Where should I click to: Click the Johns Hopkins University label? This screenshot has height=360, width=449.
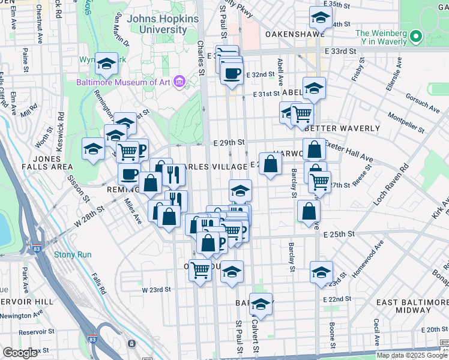154,24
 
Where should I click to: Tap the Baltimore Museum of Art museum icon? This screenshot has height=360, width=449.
178,81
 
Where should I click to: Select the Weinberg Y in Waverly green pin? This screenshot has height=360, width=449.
415,38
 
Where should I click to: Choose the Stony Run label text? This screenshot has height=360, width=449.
73,254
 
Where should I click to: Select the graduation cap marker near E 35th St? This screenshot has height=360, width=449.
321,17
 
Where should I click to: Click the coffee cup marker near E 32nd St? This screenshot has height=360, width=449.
232,74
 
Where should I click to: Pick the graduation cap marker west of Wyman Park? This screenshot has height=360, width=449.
94,149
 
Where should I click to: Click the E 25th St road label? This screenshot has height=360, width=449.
339,234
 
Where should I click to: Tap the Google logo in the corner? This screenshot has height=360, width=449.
20,353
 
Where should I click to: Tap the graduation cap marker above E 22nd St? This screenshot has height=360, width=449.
321,272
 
